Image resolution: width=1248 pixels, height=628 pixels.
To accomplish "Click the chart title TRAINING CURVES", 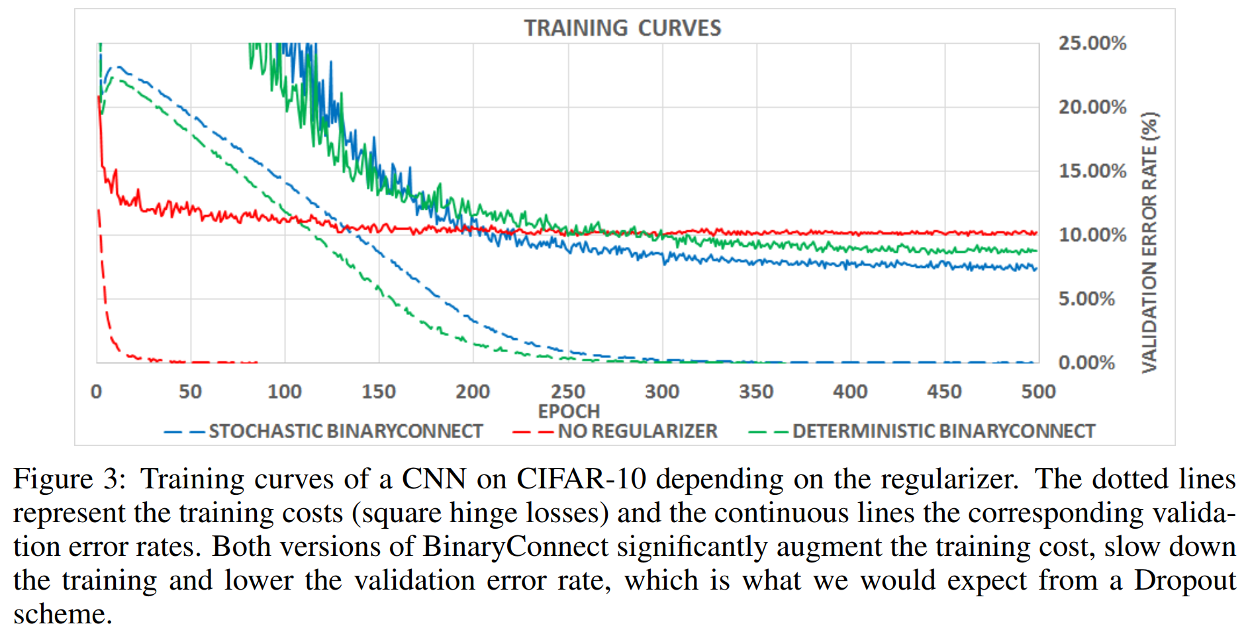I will click(x=622, y=28).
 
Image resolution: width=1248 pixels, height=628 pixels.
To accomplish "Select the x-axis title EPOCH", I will click(x=569, y=411).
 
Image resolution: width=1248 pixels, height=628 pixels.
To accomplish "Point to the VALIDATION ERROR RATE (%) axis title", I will click(x=1150, y=242).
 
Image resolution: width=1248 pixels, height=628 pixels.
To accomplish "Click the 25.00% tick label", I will click(x=1092, y=43).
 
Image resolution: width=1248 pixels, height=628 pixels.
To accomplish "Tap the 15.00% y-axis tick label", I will click(x=1092, y=171).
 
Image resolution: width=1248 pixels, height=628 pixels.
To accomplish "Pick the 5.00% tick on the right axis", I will click(x=1086, y=298).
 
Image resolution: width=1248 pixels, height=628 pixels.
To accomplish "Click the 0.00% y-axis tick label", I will click(x=1086, y=363).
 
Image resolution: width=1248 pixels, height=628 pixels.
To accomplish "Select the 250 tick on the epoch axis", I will click(x=568, y=392).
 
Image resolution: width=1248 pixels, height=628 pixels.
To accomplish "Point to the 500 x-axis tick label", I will click(x=1038, y=392).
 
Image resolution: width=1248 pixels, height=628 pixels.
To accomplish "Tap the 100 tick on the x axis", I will click(x=285, y=392).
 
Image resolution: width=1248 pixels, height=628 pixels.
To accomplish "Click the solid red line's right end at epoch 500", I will click(x=1036, y=233).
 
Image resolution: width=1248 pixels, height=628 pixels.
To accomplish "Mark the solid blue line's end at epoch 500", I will click(x=1036, y=268).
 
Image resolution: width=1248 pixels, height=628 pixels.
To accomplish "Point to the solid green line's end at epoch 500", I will click(x=1036, y=251).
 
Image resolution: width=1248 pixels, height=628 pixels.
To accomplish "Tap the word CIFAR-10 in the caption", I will click(x=581, y=479).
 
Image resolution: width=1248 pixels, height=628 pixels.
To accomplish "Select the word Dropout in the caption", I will click(x=1184, y=580).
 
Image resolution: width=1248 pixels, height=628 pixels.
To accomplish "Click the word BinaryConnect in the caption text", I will click(x=515, y=547).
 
